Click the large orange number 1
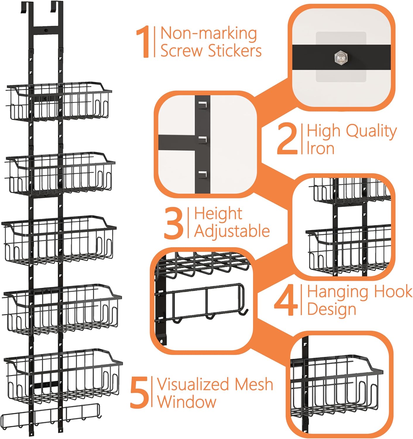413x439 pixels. tap(143, 42)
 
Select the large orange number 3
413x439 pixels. tap(174, 223)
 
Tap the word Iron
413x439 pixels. tap(321, 148)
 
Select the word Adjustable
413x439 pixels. tap(232, 231)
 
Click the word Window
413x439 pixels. tap(187, 402)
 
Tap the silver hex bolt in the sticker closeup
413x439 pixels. tap(341, 57)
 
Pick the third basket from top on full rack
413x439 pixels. tap(59, 239)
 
